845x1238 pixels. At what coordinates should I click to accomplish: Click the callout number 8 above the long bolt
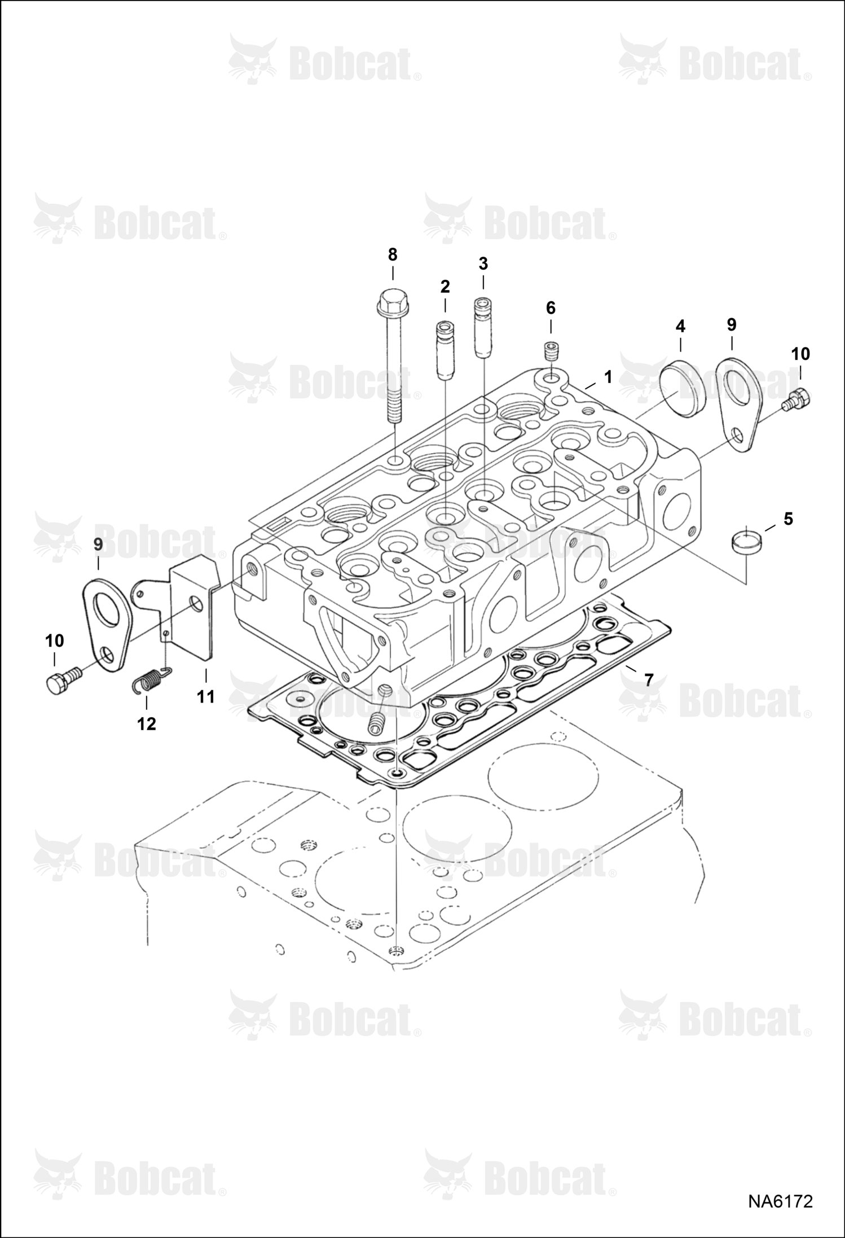(393, 254)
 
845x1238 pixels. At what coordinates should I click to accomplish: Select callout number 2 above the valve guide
(445, 287)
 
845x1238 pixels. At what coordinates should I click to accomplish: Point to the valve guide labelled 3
(483, 327)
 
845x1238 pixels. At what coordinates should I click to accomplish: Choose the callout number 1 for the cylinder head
(608, 377)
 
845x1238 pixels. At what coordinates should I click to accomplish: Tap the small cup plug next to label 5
(746, 543)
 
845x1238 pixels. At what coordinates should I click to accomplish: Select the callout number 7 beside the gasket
(649, 680)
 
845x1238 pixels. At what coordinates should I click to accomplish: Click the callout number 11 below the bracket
(206, 697)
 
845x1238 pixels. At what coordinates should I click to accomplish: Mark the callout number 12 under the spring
(146, 724)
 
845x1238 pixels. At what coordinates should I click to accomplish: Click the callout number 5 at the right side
(788, 519)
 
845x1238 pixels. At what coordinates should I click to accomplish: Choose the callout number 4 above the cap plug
(680, 326)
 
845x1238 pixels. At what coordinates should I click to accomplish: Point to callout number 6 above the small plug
(551, 308)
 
